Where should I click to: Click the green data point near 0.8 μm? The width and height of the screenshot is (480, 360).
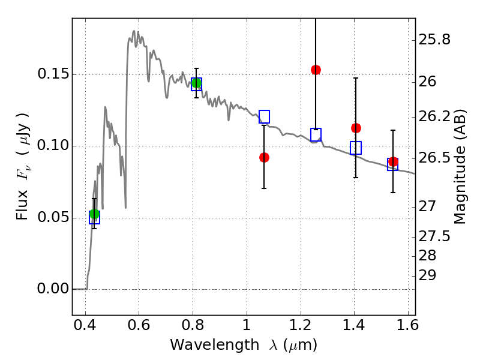coord(196,83)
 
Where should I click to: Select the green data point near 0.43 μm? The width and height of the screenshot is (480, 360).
coord(94,214)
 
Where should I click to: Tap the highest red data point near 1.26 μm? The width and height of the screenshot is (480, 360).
coord(316,70)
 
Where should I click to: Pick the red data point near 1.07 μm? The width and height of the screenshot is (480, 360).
coord(264,157)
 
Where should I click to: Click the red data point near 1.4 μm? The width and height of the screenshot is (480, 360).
coord(356,128)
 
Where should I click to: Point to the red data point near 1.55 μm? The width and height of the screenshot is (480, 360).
coord(393,161)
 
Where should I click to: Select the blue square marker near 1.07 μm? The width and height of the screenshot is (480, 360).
coord(264,116)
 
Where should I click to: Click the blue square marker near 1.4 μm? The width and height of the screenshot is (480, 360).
coord(356,148)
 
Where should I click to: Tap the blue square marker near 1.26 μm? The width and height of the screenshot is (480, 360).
coord(316,134)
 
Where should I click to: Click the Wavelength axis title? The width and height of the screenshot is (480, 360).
coord(244,345)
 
